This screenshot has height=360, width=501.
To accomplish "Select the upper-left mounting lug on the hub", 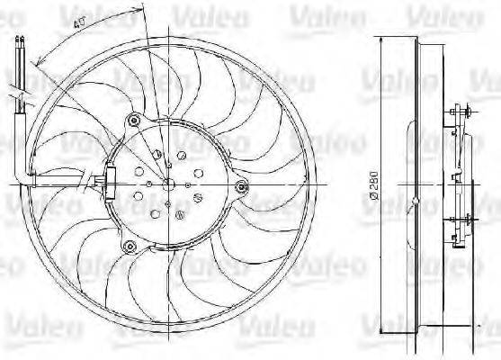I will tap(134, 119).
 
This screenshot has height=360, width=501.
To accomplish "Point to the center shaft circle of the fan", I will tap(167, 183).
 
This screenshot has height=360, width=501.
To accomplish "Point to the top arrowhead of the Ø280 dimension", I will tap(380, 40).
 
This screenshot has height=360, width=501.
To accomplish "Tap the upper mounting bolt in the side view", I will tap(462, 111).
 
